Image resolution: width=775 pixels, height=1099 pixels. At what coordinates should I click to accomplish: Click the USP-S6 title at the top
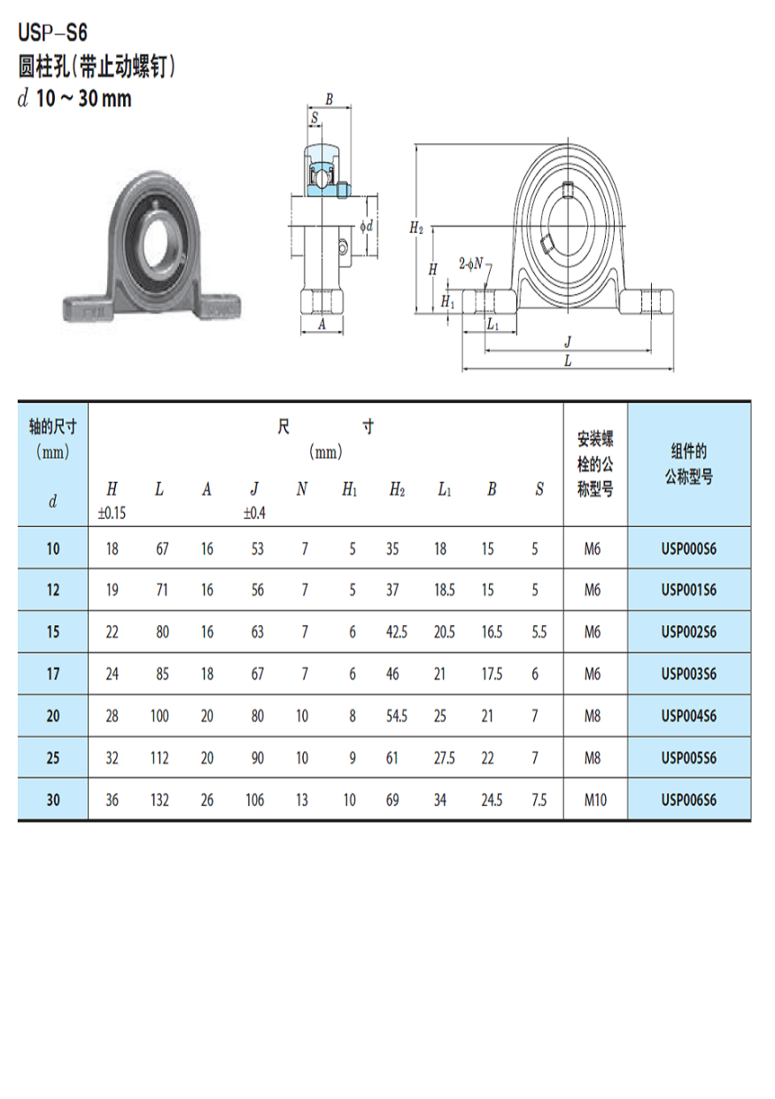52,35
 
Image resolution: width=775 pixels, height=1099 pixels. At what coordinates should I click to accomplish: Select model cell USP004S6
688,716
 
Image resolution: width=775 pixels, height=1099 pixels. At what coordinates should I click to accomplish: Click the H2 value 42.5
396,632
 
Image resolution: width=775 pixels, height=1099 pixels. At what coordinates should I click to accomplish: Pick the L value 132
159,801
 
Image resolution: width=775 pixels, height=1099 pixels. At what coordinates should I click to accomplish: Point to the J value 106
255,801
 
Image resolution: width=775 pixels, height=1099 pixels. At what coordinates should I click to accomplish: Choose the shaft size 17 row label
53,675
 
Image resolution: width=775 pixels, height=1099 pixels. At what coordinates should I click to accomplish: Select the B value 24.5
491,801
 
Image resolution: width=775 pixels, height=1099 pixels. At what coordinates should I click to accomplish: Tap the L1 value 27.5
444,759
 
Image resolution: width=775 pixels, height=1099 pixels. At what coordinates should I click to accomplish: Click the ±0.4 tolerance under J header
255,513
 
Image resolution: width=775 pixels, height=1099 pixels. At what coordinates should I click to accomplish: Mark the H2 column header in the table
396,490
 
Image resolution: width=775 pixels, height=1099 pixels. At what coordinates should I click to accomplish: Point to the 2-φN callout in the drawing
471,263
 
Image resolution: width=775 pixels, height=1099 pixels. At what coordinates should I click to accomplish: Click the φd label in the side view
366,227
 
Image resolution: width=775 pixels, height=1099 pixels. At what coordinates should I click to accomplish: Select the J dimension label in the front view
568,341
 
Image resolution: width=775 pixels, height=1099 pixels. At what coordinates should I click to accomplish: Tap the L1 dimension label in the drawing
492,326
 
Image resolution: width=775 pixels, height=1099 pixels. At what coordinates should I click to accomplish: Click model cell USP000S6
688,549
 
